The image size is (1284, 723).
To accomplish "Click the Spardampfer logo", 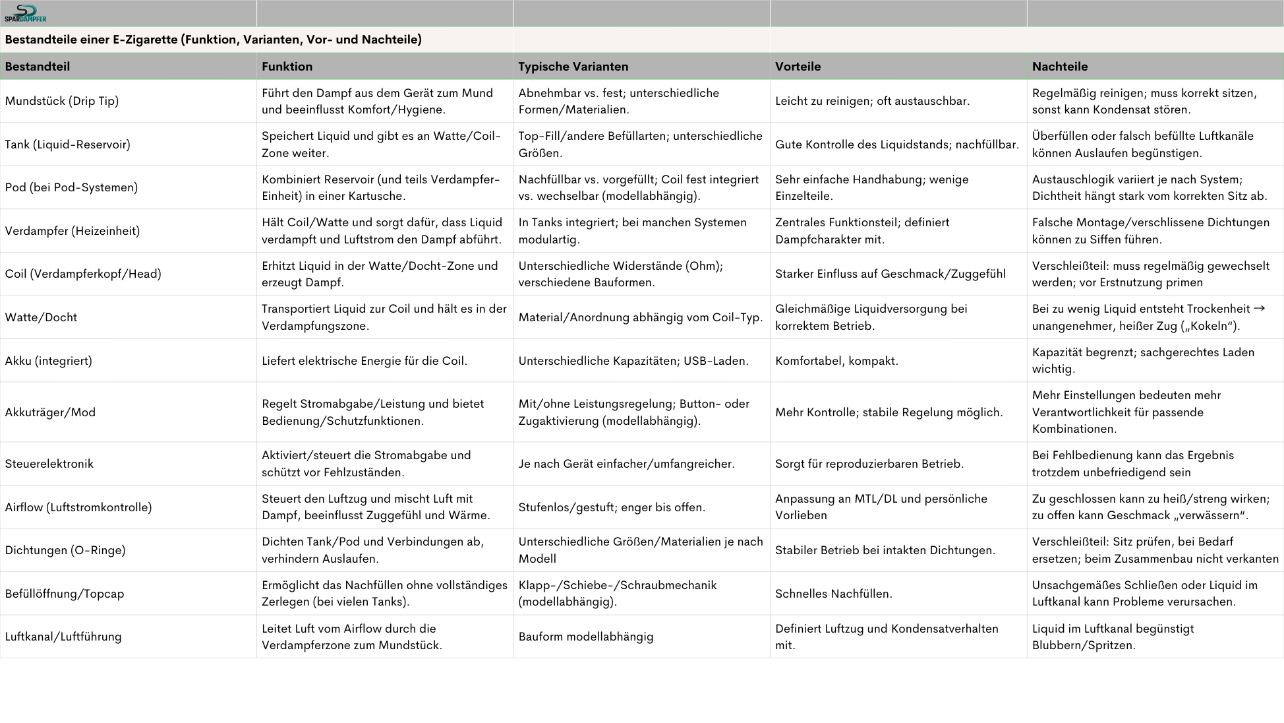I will (25, 13).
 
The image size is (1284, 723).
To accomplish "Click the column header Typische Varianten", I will (573, 67).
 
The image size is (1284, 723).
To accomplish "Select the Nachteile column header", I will (1059, 67).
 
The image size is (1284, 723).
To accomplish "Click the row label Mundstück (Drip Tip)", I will (61, 101).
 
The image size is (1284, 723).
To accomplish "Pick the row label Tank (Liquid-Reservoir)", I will (67, 144).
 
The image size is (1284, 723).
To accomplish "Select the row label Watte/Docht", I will (41, 317).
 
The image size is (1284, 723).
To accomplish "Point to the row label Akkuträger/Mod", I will (50, 412).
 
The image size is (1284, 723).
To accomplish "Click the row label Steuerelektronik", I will (49, 464).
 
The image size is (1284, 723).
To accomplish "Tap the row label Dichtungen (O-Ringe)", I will (65, 550).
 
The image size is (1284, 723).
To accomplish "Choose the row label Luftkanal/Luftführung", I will (63, 637).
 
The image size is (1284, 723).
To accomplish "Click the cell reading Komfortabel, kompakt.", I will (836, 361).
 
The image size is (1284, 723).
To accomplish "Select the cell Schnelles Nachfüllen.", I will (833, 594).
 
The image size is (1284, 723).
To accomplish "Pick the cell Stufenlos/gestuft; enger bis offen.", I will (611, 507).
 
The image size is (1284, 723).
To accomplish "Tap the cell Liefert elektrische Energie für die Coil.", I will (364, 361).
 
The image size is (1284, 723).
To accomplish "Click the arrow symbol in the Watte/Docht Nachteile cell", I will (1258, 309).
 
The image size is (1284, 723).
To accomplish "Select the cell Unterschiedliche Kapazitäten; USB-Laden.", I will (633, 361).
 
